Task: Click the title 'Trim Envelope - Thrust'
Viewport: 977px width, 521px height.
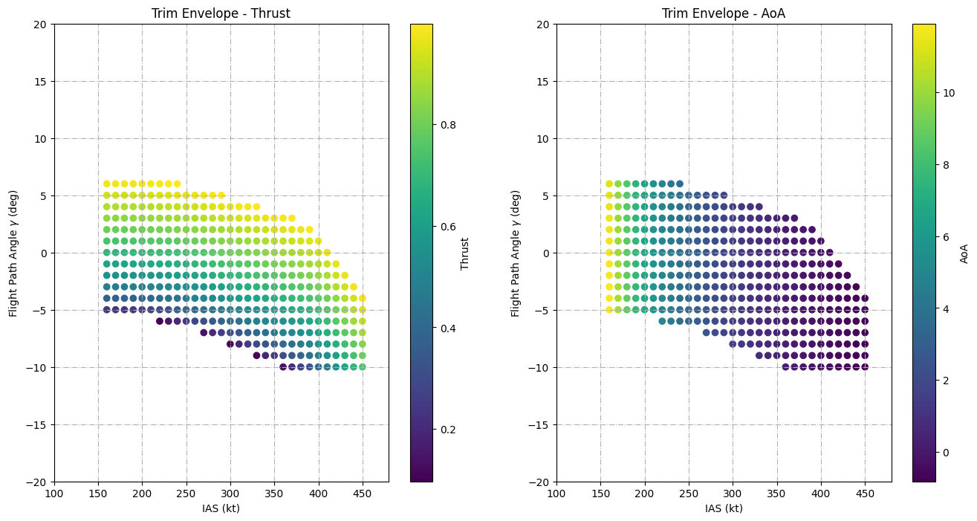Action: pyautogui.click(x=221, y=13)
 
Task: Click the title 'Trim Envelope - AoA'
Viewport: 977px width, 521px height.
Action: pyautogui.click(x=724, y=13)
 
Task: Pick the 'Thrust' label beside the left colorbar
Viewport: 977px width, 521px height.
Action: pyautogui.click(x=465, y=253)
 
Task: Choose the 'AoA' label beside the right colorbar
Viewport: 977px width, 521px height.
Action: pyautogui.click(x=964, y=253)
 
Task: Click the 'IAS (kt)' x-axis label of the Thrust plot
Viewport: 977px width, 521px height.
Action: pyautogui.click(x=221, y=508)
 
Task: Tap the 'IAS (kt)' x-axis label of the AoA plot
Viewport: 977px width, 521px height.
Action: pyautogui.click(x=724, y=508)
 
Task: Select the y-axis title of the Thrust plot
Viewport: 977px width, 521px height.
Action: pyautogui.click(x=14, y=253)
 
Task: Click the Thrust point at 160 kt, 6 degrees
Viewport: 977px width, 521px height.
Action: pyautogui.click(x=107, y=184)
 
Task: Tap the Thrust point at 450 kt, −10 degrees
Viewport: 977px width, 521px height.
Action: pyautogui.click(x=363, y=367)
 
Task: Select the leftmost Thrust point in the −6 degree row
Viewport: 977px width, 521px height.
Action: pyautogui.click(x=160, y=321)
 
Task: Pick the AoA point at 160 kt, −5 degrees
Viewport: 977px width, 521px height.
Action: pyautogui.click(x=609, y=310)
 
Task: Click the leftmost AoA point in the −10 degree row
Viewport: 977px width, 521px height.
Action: pyautogui.click(x=785, y=367)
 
